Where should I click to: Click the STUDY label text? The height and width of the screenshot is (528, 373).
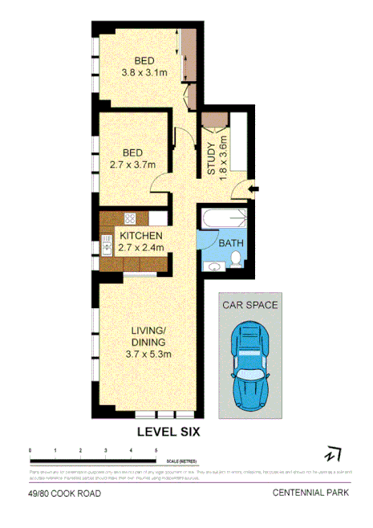point(212,158)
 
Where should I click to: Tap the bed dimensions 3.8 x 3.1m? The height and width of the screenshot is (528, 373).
point(144,73)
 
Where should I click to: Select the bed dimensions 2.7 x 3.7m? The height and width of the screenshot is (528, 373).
point(132,166)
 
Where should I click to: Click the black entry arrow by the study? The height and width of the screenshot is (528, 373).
point(253,189)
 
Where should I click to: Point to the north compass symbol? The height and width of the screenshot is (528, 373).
point(333,455)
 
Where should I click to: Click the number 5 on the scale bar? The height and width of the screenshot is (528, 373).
point(156,450)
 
